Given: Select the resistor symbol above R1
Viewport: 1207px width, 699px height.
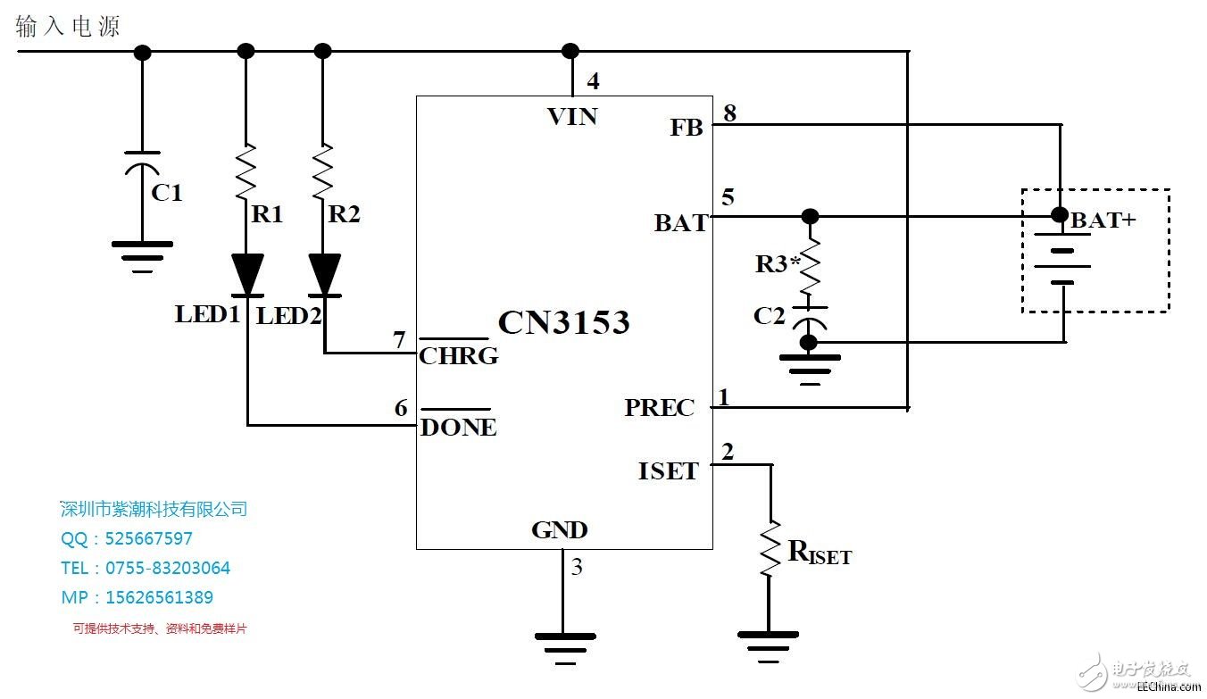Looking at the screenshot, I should [247, 171].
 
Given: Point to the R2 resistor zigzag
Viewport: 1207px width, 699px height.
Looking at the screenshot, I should [324, 171].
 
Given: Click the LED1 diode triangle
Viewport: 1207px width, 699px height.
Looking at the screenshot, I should [247, 273].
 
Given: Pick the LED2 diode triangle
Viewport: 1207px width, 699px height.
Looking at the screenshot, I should [324, 273].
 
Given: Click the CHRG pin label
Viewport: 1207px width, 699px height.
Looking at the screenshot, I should [459, 356].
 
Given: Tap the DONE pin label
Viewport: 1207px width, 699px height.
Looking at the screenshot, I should [458, 428].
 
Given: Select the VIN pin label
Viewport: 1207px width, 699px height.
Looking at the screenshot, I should [572, 116].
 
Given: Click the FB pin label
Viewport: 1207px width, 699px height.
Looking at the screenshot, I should [687, 128].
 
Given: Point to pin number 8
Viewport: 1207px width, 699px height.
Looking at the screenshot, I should [729, 113].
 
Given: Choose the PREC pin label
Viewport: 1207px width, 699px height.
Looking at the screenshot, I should [659, 408].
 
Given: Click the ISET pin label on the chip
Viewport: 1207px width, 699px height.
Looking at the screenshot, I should [668, 470].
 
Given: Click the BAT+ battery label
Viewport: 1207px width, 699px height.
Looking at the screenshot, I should [1103, 220].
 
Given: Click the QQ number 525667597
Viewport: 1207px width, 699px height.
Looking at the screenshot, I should [148, 538].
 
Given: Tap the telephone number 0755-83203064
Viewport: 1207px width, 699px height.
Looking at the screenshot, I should [168, 568].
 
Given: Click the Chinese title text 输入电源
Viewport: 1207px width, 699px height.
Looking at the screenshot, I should [68, 27].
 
